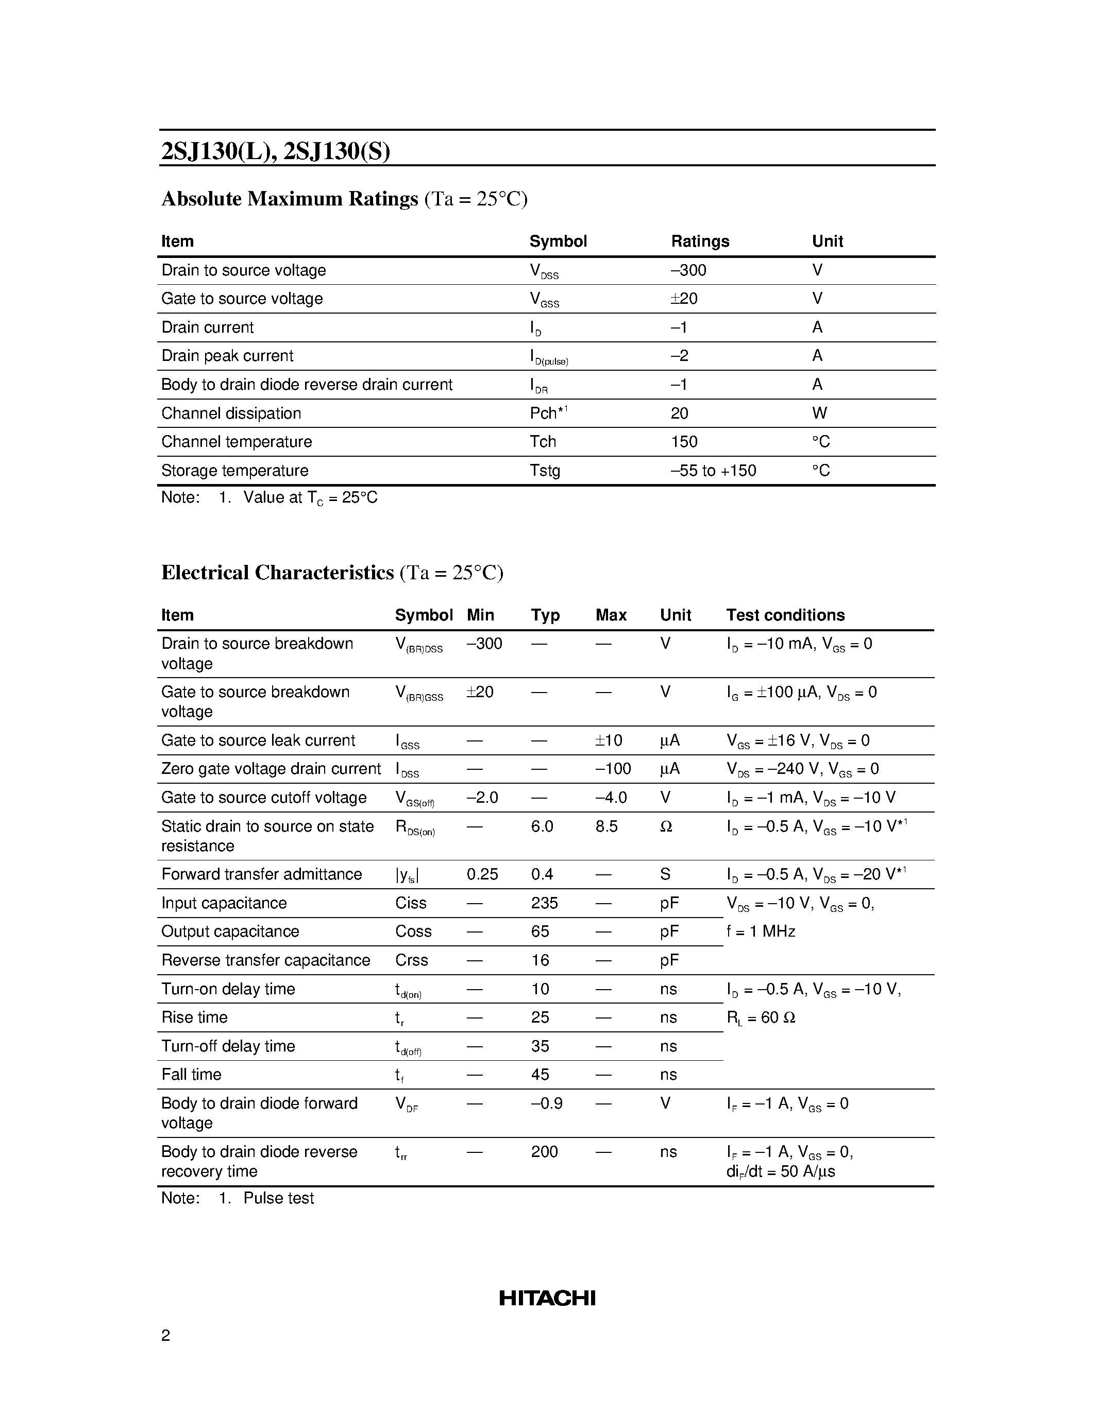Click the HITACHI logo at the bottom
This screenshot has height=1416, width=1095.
(x=547, y=1298)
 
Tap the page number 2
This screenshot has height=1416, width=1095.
(x=165, y=1336)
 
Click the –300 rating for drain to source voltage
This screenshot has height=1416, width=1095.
(x=688, y=270)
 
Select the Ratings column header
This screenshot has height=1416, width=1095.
(x=700, y=241)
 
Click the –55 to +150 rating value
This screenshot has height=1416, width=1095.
(x=713, y=471)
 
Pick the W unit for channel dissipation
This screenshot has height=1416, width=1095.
(x=819, y=413)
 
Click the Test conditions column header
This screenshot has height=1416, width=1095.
(x=785, y=615)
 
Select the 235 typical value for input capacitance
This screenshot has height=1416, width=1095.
(x=544, y=903)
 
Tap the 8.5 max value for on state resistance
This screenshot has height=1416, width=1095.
(x=607, y=826)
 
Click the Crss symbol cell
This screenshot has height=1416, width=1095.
(x=411, y=960)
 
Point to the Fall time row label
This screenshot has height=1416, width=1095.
(x=191, y=1075)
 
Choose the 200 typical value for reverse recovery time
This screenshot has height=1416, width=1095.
(x=544, y=1152)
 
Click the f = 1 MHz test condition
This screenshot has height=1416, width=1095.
(x=760, y=931)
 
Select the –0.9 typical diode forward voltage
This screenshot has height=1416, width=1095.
(x=546, y=1103)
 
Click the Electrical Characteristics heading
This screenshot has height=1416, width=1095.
(x=278, y=573)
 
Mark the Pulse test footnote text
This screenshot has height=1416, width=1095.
(x=278, y=1198)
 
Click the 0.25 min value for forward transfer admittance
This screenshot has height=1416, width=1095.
(x=482, y=875)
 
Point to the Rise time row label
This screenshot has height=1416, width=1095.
(x=194, y=1018)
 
